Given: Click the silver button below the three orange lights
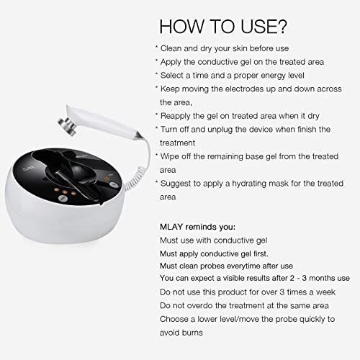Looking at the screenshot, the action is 63,198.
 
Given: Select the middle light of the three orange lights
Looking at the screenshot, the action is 65,192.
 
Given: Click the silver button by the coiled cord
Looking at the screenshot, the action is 114,184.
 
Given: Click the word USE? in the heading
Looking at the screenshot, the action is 264,27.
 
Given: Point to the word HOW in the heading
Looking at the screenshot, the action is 181,27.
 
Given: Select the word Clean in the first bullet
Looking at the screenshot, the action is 171,48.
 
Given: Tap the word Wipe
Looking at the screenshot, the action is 168,156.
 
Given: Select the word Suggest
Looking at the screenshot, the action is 176,184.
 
